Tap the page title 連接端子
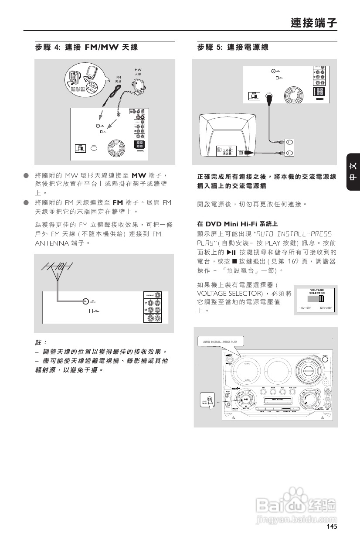click(x=314, y=23)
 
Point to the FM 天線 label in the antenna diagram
click(x=118, y=79)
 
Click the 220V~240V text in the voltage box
click(x=326, y=308)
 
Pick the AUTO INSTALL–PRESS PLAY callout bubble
click(x=220, y=342)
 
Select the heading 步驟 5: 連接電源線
click(x=232, y=47)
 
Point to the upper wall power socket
click(x=289, y=142)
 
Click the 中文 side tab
click(x=353, y=172)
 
